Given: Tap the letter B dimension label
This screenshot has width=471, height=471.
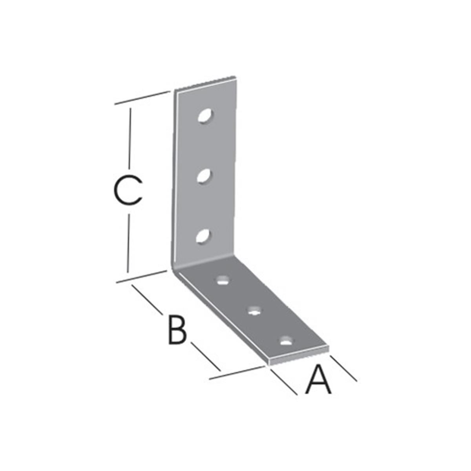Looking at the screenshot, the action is (178, 330).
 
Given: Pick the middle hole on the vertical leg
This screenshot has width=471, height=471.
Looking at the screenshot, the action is (204, 176).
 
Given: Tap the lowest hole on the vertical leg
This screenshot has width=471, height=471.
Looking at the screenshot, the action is (203, 236).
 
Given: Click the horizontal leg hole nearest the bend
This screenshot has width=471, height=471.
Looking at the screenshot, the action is (223, 280).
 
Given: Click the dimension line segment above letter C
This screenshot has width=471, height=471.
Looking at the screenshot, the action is (130, 139).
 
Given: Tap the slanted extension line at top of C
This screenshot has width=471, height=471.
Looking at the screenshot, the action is (142, 97).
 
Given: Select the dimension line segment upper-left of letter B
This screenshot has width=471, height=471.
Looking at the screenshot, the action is (147, 299).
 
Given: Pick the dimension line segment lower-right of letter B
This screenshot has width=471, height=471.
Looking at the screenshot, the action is (206, 360).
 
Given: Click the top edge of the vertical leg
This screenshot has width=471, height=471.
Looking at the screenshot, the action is (206, 84).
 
